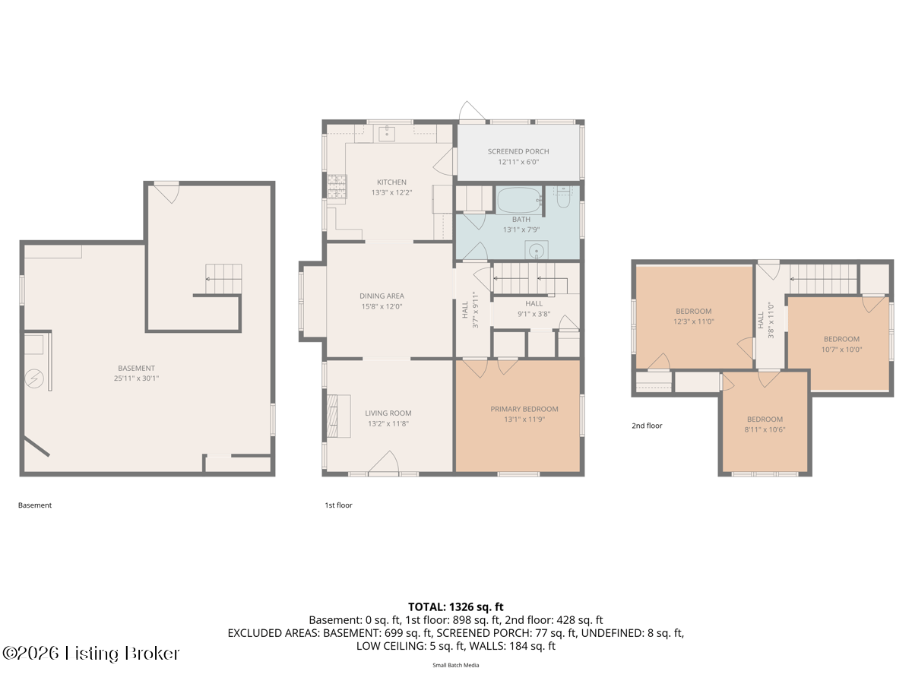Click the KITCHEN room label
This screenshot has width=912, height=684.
coord(391,182)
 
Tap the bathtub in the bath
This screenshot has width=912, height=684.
coord(519,200)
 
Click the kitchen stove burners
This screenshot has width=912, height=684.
coord(337,186)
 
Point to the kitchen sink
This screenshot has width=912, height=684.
coord(387,133)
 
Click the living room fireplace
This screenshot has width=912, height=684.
coord(338,416)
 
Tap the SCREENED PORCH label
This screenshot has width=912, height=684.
coord(518,151)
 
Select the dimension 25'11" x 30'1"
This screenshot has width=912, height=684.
coord(136,378)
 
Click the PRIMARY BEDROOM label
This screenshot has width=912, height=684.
coord(524,409)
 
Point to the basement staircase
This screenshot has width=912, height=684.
coord(223,279)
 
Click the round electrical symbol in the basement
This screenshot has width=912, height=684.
coord(34,378)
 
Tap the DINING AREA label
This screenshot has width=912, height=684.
coord(382,296)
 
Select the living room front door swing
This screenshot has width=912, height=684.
coord(384,461)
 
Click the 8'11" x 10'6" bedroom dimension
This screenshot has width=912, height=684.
coord(765,429)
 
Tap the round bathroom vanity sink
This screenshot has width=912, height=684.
coord(537,251)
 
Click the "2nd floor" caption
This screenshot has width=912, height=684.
coord(647,426)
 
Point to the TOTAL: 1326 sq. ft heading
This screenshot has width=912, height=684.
coord(455,606)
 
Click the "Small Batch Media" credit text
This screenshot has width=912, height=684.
coord(456,665)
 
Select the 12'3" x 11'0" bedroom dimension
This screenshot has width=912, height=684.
coord(693,321)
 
